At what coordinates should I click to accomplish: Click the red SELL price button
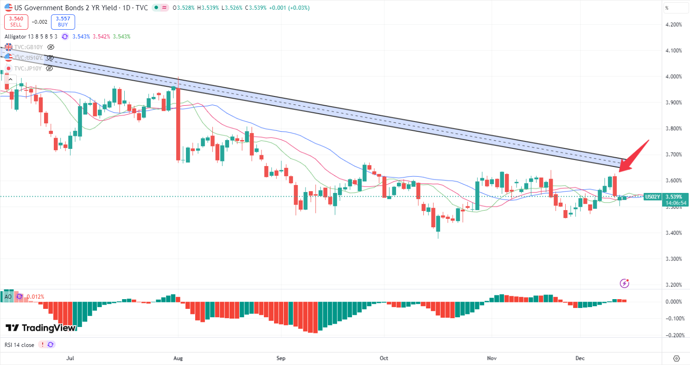(x=16, y=22)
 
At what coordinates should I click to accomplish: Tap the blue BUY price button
(x=63, y=22)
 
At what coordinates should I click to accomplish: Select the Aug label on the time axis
(x=178, y=358)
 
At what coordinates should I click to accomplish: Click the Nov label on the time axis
(x=492, y=358)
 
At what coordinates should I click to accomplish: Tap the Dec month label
(x=580, y=358)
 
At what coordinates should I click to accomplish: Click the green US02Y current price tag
(x=652, y=197)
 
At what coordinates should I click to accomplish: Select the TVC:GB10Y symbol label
(x=29, y=47)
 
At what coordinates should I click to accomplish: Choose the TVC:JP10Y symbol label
(x=28, y=68)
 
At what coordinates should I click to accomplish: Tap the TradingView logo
(x=40, y=328)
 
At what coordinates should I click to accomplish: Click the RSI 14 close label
(x=19, y=345)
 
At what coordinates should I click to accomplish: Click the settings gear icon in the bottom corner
(x=676, y=358)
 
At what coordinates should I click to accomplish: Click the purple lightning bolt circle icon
(x=625, y=283)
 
